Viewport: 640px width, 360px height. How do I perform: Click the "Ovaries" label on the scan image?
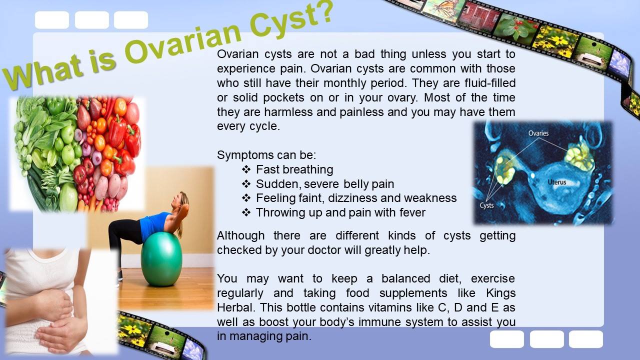pyautogui.click(x=538, y=133)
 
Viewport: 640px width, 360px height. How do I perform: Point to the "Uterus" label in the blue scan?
pyautogui.click(x=557, y=182)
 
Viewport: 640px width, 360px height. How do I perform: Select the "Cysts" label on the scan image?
pyautogui.click(x=486, y=205)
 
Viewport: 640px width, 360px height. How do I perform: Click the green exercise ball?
pyautogui.click(x=161, y=259)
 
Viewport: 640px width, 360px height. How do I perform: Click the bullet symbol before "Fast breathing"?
pyautogui.click(x=246, y=169)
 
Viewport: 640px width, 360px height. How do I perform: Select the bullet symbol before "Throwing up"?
pyautogui.click(x=246, y=212)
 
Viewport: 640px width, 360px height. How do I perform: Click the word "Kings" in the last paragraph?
pyautogui.click(x=500, y=293)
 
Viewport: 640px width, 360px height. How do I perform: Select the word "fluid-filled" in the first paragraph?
pyautogui.click(x=490, y=83)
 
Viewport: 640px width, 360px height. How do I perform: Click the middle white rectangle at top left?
pyautogui.click(x=92, y=20)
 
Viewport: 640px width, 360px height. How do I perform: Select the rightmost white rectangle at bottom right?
pyautogui.click(x=586, y=339)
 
